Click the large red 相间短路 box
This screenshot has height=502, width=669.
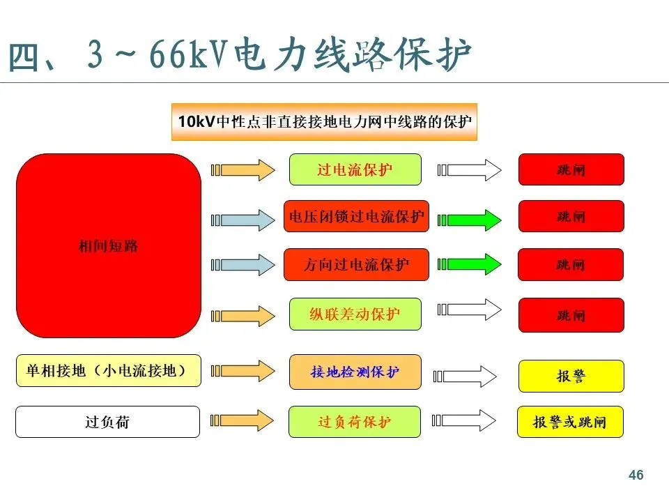coord(108,246)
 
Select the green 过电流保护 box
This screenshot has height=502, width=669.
coord(355,169)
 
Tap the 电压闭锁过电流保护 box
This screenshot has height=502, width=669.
coord(356,217)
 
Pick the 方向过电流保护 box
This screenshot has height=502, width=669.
coord(356,265)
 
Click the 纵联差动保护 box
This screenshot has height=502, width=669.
coord(355,314)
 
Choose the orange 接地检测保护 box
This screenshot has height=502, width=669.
coord(355,372)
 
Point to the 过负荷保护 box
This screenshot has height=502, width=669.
coord(355,422)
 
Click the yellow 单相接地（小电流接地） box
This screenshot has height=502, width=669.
coord(108,370)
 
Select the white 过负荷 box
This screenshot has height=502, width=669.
coord(108,422)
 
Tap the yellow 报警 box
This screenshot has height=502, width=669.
coord(571,376)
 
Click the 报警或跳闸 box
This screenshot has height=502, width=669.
coord(570,422)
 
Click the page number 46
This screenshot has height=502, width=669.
coord(636,476)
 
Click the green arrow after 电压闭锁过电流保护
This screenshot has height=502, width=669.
coord(470,220)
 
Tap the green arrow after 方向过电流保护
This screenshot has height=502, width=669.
coord(470,264)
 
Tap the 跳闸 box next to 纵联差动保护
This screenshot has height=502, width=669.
coord(571,315)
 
